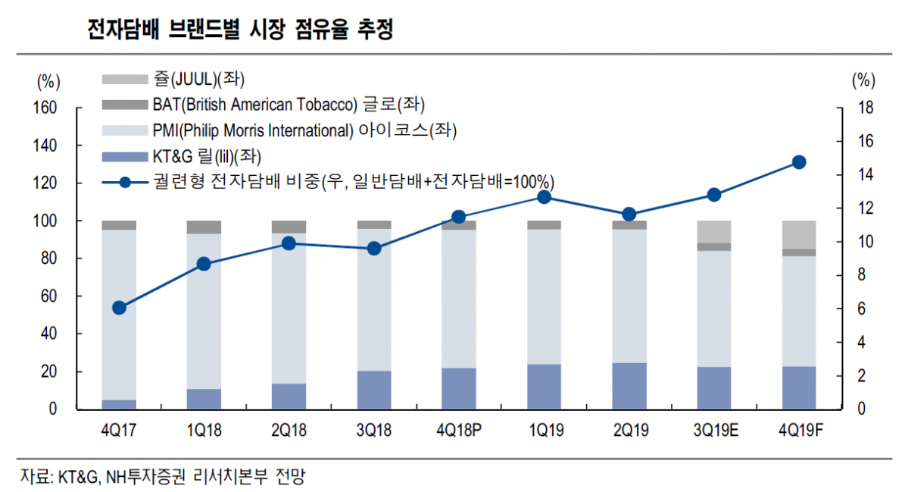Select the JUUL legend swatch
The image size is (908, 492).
pos(123,79)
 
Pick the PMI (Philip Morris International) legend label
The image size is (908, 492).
pos(304,130)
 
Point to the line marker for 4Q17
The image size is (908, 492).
pos(119,308)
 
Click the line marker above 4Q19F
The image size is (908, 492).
pos(798,162)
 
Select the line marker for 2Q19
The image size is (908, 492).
pos(629,215)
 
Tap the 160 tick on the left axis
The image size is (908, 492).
pos(46,108)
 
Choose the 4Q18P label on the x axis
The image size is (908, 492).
pos(459,431)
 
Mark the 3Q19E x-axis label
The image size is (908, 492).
pos(713,431)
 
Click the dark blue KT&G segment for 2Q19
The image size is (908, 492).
pos(629,386)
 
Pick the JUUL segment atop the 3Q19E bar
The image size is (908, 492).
pos(713,231)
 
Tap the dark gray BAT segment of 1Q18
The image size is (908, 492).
pos(204,227)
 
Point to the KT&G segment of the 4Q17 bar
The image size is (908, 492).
pos(119,405)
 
